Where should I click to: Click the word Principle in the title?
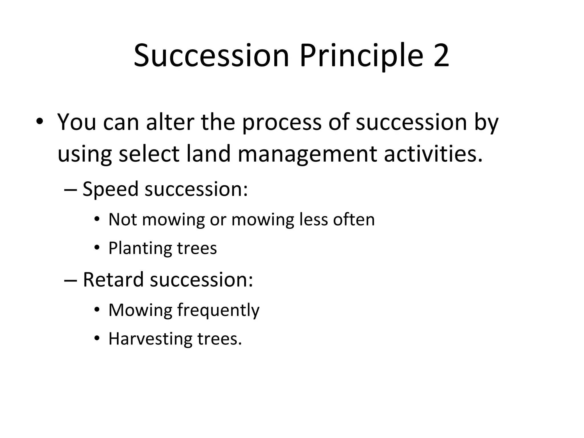(x=361, y=56)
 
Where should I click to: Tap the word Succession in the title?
(x=211, y=56)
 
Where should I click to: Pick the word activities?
(x=433, y=154)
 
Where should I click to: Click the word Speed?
(x=110, y=190)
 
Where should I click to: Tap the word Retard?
(x=113, y=280)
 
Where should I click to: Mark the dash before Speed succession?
(x=71, y=190)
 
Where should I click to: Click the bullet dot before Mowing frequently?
(x=97, y=309)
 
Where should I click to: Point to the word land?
(x=208, y=154)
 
